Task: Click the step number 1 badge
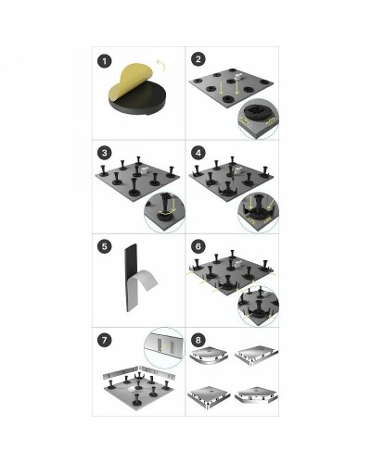click(105, 61)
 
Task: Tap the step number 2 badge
click(198, 59)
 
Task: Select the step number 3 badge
click(105, 153)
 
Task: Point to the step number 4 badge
click(198, 153)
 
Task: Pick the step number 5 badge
click(105, 246)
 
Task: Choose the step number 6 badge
click(198, 246)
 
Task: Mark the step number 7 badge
click(105, 340)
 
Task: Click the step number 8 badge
click(198, 340)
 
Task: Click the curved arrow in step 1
click(160, 65)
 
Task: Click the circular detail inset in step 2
click(258, 119)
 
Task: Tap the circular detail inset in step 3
click(164, 212)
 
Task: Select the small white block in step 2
click(237, 77)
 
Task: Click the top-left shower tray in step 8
click(210, 357)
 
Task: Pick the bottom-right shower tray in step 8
click(256, 395)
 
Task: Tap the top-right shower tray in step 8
click(256, 356)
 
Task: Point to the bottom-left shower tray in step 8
click(209, 396)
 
